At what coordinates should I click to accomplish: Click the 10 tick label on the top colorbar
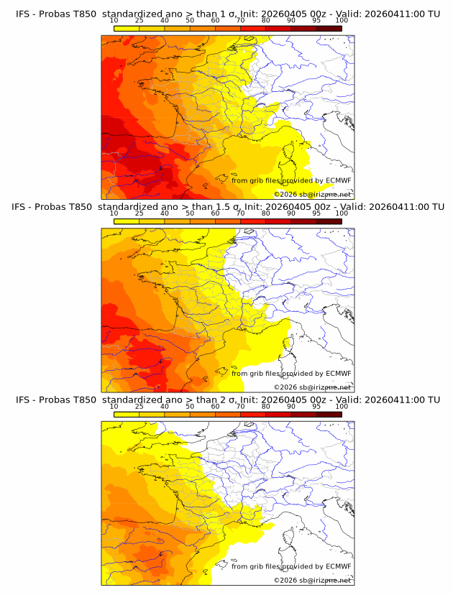point(114,21)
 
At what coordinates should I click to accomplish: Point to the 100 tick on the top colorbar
point(342,21)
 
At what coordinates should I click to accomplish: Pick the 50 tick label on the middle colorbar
point(190,213)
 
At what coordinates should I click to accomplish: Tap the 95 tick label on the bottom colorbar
point(316,406)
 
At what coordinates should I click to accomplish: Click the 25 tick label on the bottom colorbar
point(139,406)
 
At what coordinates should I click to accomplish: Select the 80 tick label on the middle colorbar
point(266,213)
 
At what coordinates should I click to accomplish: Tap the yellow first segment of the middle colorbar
point(127,221)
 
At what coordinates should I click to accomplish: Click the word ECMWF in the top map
point(338,180)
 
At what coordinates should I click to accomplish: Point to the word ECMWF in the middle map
point(338,373)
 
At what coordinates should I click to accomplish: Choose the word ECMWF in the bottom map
point(338,566)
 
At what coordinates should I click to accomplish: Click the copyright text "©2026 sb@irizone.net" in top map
point(313,194)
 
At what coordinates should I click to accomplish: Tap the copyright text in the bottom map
point(313,580)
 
